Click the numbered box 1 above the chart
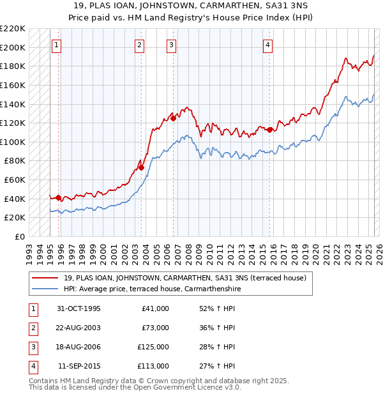(x=57, y=45)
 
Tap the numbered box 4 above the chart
(x=267, y=45)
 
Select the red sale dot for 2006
(x=173, y=118)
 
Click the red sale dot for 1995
(x=59, y=197)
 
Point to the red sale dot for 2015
(x=269, y=130)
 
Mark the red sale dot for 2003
(x=142, y=168)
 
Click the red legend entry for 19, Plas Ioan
(x=185, y=278)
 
